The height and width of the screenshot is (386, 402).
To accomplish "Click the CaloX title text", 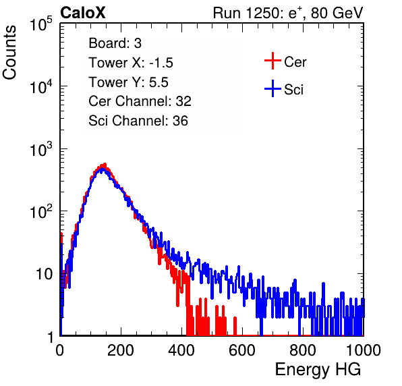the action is tap(83, 13).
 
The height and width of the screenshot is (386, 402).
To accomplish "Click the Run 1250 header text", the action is tap(288, 13).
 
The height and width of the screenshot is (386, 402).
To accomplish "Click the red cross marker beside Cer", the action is tap(272, 61).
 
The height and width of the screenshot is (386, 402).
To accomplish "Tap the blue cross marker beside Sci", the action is tap(272, 88).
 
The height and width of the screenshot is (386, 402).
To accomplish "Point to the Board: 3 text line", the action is tap(115, 43).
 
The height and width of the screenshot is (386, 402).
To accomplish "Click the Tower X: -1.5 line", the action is tap(131, 63).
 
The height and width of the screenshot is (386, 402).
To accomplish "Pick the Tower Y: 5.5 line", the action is tap(128, 82).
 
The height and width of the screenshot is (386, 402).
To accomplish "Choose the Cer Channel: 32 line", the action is tap(140, 101).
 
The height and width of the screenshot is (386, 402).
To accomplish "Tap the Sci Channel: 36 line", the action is tap(138, 121).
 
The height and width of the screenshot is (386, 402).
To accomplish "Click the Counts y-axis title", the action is tap(9, 53).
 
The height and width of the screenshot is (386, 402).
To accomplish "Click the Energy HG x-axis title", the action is tap(318, 370).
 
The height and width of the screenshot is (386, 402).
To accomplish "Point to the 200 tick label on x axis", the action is tap(121, 350).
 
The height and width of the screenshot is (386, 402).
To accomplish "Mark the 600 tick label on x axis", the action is tap(242, 350).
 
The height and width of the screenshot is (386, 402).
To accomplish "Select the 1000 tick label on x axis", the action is tap(364, 350).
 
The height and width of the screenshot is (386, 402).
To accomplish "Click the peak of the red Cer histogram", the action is tap(105, 164).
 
